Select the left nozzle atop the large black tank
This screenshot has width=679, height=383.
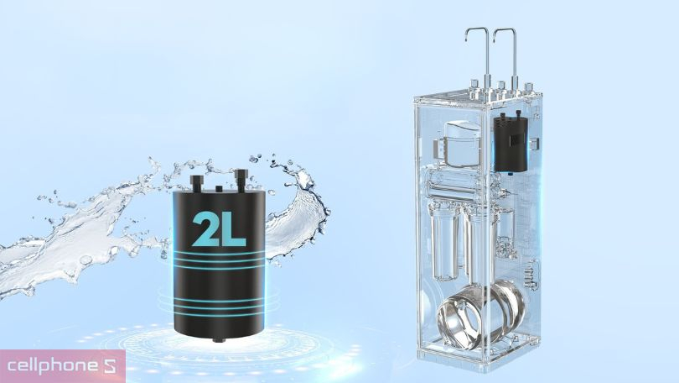(x=196, y=182)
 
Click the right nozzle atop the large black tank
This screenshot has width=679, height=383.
(x=240, y=180)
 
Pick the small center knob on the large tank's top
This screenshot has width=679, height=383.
(x=219, y=188)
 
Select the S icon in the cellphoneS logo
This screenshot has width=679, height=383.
(x=110, y=366)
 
